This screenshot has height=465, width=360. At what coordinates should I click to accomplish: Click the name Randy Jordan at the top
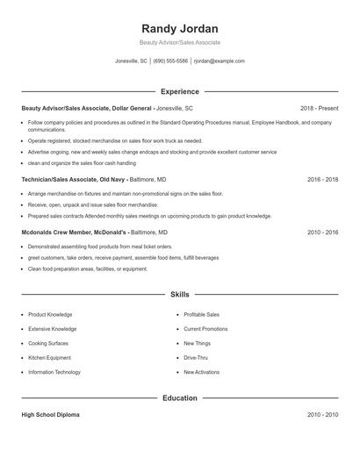(x=179, y=28)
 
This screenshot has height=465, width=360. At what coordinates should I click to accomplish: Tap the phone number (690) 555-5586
(x=170, y=61)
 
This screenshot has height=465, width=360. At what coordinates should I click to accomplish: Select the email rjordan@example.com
(x=219, y=61)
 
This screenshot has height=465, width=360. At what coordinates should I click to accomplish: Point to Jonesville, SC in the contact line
(x=132, y=61)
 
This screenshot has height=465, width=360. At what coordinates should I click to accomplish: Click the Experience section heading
(x=179, y=91)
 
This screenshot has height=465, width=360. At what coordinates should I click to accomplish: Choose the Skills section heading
(x=179, y=296)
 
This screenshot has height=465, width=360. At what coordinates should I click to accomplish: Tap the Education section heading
(x=179, y=397)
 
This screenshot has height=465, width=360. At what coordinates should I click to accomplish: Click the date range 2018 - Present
(x=319, y=107)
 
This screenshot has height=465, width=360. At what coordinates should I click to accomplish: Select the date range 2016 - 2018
(x=322, y=179)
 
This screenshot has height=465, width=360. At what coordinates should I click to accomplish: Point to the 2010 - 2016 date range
(x=322, y=232)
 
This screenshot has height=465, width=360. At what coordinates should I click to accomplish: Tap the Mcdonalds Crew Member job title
(x=74, y=232)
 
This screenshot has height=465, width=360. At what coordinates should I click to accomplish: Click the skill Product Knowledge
(x=50, y=314)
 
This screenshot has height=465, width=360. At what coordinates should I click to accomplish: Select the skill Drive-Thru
(x=196, y=358)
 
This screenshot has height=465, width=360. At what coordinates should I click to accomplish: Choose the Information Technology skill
(x=54, y=372)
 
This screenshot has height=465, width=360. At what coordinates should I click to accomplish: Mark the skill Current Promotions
(x=205, y=329)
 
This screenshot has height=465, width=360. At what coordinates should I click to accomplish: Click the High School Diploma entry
(x=50, y=414)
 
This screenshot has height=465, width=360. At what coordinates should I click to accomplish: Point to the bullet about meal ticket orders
(x=99, y=247)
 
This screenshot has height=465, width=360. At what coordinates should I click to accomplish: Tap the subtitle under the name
(x=179, y=42)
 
